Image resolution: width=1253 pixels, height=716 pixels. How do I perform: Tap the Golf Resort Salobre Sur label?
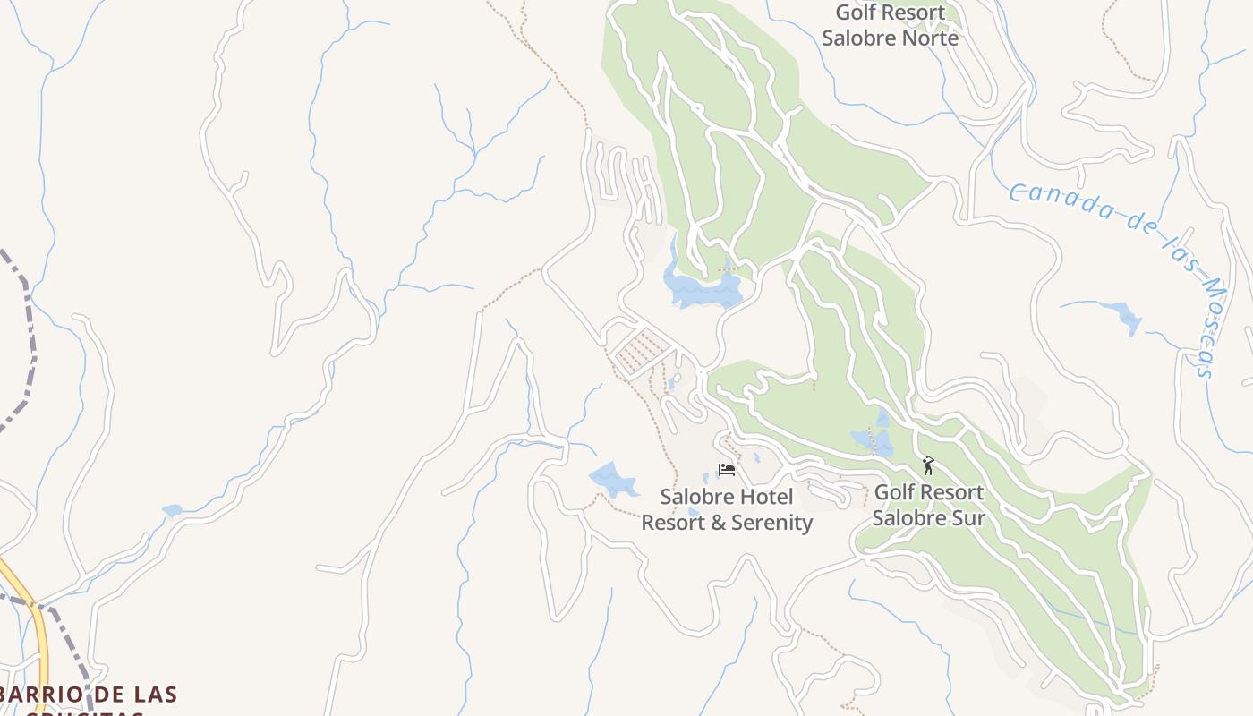point(928,505)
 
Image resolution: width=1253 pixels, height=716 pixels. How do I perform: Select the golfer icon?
point(928,465)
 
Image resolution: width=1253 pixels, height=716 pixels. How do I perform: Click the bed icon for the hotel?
point(726,470)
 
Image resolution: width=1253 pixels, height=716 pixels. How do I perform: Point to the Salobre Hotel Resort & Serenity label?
point(727,509)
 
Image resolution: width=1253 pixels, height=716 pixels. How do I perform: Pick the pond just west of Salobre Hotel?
point(612,479)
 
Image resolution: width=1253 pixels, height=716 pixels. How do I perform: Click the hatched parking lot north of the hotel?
point(639,349)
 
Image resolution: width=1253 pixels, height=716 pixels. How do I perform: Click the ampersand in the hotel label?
point(718,523)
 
